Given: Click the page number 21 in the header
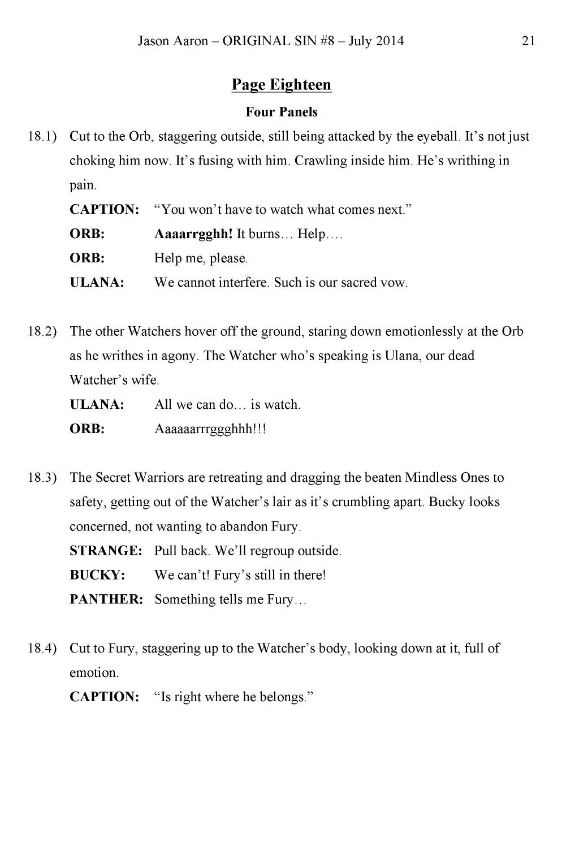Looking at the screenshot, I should tap(528, 41).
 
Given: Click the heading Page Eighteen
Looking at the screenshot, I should tap(281, 85).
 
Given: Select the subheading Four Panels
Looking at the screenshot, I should tap(281, 112).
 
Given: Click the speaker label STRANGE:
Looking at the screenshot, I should tap(106, 551).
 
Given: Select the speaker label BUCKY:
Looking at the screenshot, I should tap(97, 575).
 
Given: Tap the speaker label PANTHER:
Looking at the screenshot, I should tap(106, 599).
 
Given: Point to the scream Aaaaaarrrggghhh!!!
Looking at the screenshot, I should tap(210, 429).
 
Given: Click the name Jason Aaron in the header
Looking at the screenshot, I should tap(173, 41).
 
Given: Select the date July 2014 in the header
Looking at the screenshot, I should tap(376, 41).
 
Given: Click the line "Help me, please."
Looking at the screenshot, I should tap(201, 258).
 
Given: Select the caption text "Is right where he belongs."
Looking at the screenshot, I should tap(233, 697).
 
